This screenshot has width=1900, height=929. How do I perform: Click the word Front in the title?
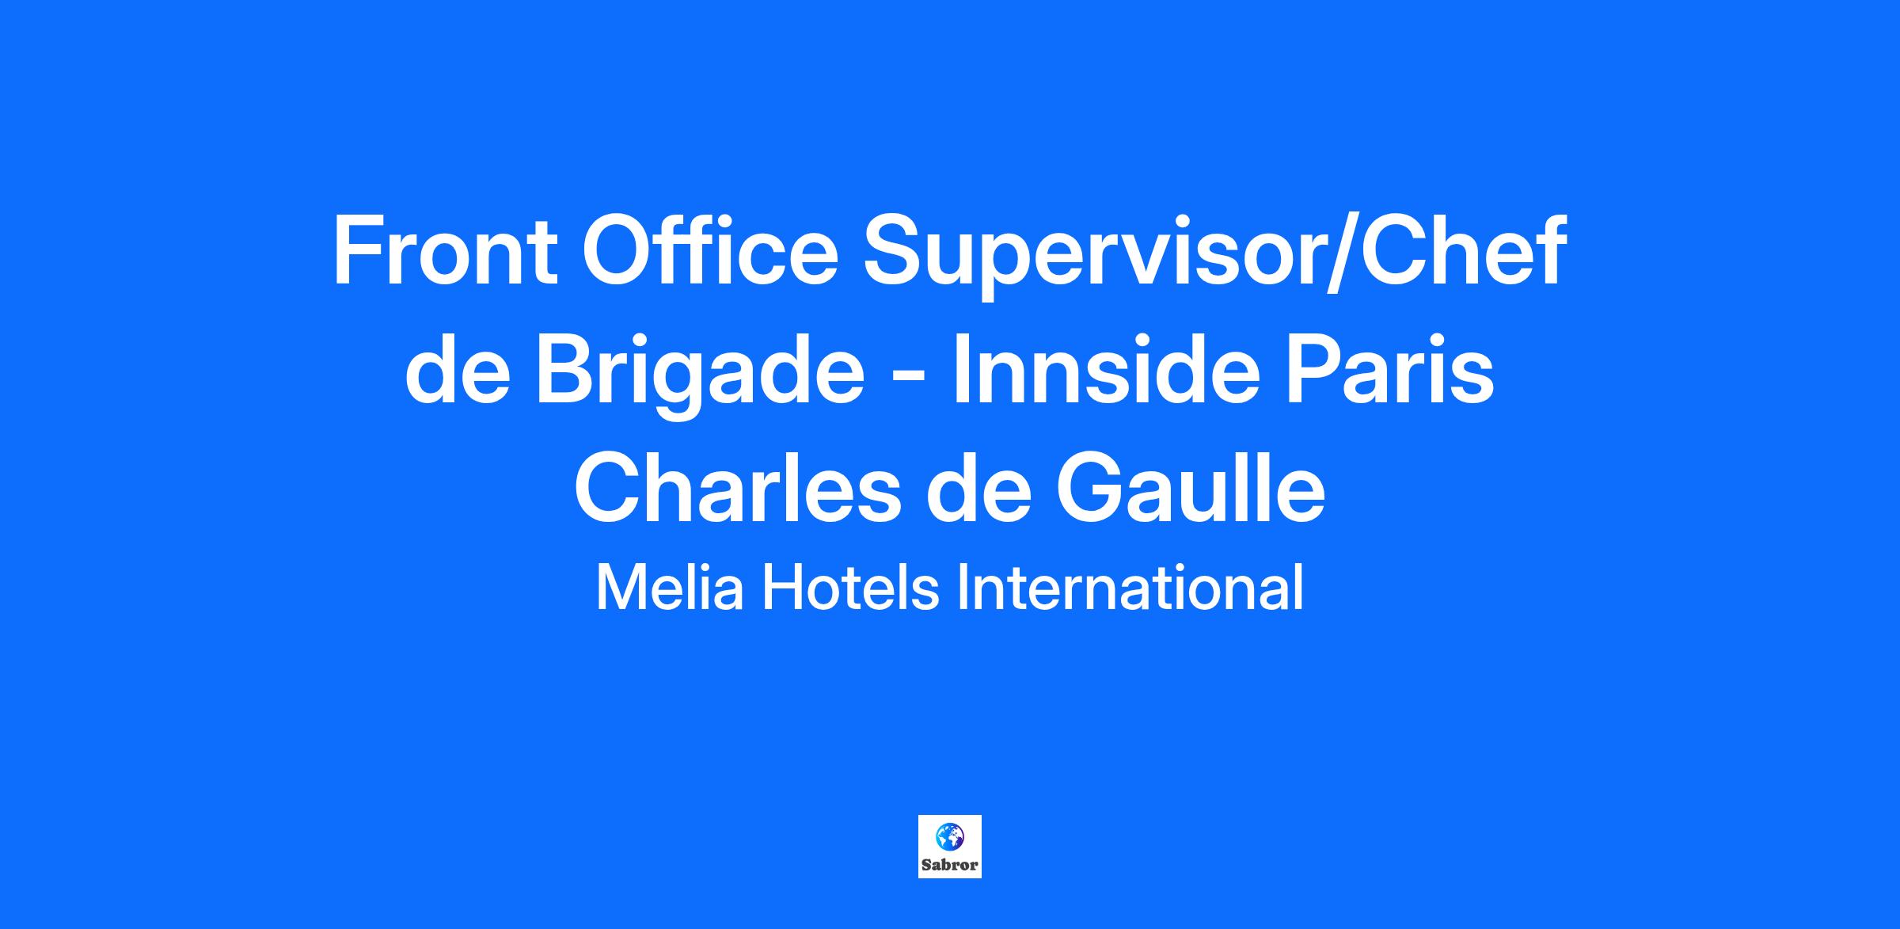pos(445,250)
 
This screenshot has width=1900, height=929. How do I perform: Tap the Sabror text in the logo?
pos(949,865)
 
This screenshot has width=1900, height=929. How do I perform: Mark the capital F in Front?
pos(358,250)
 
